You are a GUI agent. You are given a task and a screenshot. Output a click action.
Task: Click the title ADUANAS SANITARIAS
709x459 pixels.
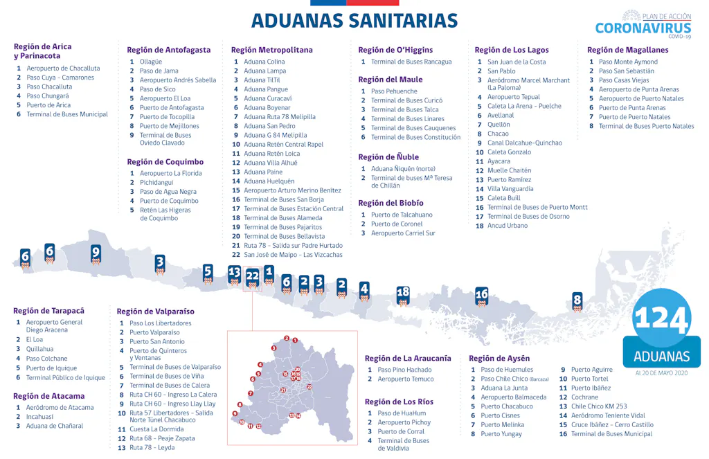coord(354,21)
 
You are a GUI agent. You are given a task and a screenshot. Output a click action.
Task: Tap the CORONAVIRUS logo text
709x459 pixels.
coord(643,28)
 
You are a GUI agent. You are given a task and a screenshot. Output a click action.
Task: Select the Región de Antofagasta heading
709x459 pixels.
coord(168,50)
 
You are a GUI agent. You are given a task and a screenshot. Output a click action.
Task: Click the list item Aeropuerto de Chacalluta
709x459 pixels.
coord(63,69)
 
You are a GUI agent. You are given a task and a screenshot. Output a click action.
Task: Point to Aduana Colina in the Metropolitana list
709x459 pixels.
coord(264,62)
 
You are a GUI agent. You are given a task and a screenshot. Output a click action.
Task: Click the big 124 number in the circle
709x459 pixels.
coord(661,319)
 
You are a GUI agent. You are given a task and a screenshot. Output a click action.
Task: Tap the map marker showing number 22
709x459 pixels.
coord(252,276)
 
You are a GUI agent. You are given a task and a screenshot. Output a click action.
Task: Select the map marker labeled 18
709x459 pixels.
coord(403,293)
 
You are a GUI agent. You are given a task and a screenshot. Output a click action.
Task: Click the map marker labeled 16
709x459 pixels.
coord(481,295)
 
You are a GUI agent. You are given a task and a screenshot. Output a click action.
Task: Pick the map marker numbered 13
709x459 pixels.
coord(235,273)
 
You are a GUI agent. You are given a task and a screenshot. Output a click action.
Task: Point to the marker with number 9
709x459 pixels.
coord(96,253)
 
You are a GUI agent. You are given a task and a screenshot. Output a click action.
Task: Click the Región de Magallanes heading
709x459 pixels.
coord(627,50)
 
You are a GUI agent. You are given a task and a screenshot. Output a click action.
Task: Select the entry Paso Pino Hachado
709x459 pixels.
coord(404,370)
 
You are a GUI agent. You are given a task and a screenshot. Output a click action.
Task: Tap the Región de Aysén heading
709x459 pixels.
coord(499,358)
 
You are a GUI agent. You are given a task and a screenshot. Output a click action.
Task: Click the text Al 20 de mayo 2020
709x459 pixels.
coord(661,372)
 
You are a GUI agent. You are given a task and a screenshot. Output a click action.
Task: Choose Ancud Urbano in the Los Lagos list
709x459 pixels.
coord(507,226)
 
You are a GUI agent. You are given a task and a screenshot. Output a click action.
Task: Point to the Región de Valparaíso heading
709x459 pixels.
coord(155,312)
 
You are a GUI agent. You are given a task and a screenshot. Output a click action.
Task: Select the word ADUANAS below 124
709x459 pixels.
coord(661,357)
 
